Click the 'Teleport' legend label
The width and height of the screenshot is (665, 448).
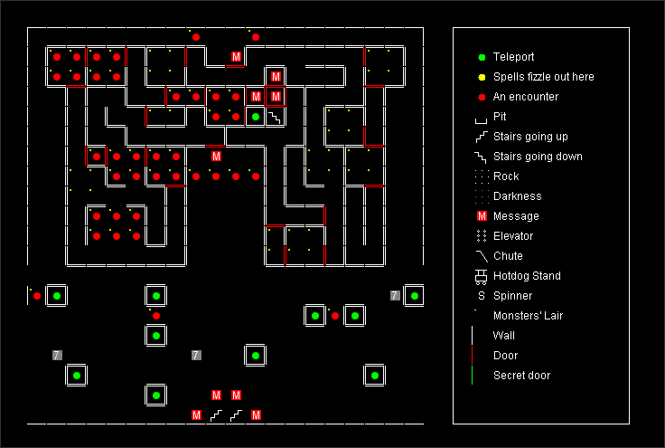pos(513,57)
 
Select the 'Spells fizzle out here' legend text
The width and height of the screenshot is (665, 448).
pos(543,77)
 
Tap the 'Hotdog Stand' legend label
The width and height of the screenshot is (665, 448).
pos(527,276)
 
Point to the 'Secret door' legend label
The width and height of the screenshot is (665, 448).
pos(521,376)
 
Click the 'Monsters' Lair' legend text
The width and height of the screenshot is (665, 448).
pos(528,316)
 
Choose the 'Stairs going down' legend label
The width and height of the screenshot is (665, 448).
pos(538,157)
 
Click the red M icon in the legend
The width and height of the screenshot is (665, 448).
pos(482,216)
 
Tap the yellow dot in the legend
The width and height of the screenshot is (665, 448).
pos(482,77)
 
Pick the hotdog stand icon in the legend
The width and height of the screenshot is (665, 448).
pos(481,276)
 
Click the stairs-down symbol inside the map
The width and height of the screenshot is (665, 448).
pos(276,117)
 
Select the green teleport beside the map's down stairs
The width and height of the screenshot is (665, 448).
pos(256,117)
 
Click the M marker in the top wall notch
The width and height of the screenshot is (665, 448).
pos(236,57)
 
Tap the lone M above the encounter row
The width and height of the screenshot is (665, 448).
pos(216,157)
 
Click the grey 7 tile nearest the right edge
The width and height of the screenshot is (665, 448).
pos(395,296)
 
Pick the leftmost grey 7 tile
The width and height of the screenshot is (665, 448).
pos(57,355)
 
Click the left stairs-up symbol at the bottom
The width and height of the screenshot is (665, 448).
pos(216,415)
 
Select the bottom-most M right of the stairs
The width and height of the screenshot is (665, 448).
pos(256,415)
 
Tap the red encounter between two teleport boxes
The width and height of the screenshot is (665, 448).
pos(335,316)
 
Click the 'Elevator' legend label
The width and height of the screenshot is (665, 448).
pos(513,236)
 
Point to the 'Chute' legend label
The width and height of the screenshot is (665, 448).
pos(508,256)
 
